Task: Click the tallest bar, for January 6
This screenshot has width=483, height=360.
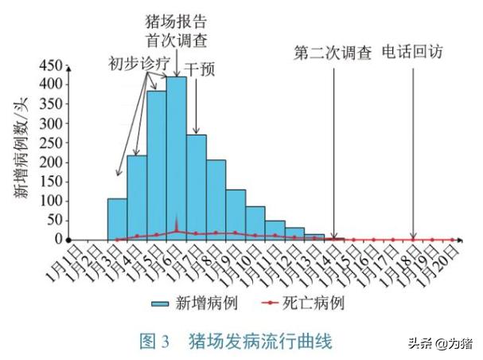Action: (176, 159)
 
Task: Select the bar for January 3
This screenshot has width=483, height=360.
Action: (117, 219)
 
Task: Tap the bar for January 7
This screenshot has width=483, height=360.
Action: (196, 187)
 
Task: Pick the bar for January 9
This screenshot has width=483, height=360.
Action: (236, 214)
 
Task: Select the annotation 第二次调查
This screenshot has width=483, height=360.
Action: (333, 53)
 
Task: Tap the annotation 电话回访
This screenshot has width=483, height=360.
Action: (412, 53)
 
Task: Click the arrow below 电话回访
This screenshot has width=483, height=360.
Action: (413, 151)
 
